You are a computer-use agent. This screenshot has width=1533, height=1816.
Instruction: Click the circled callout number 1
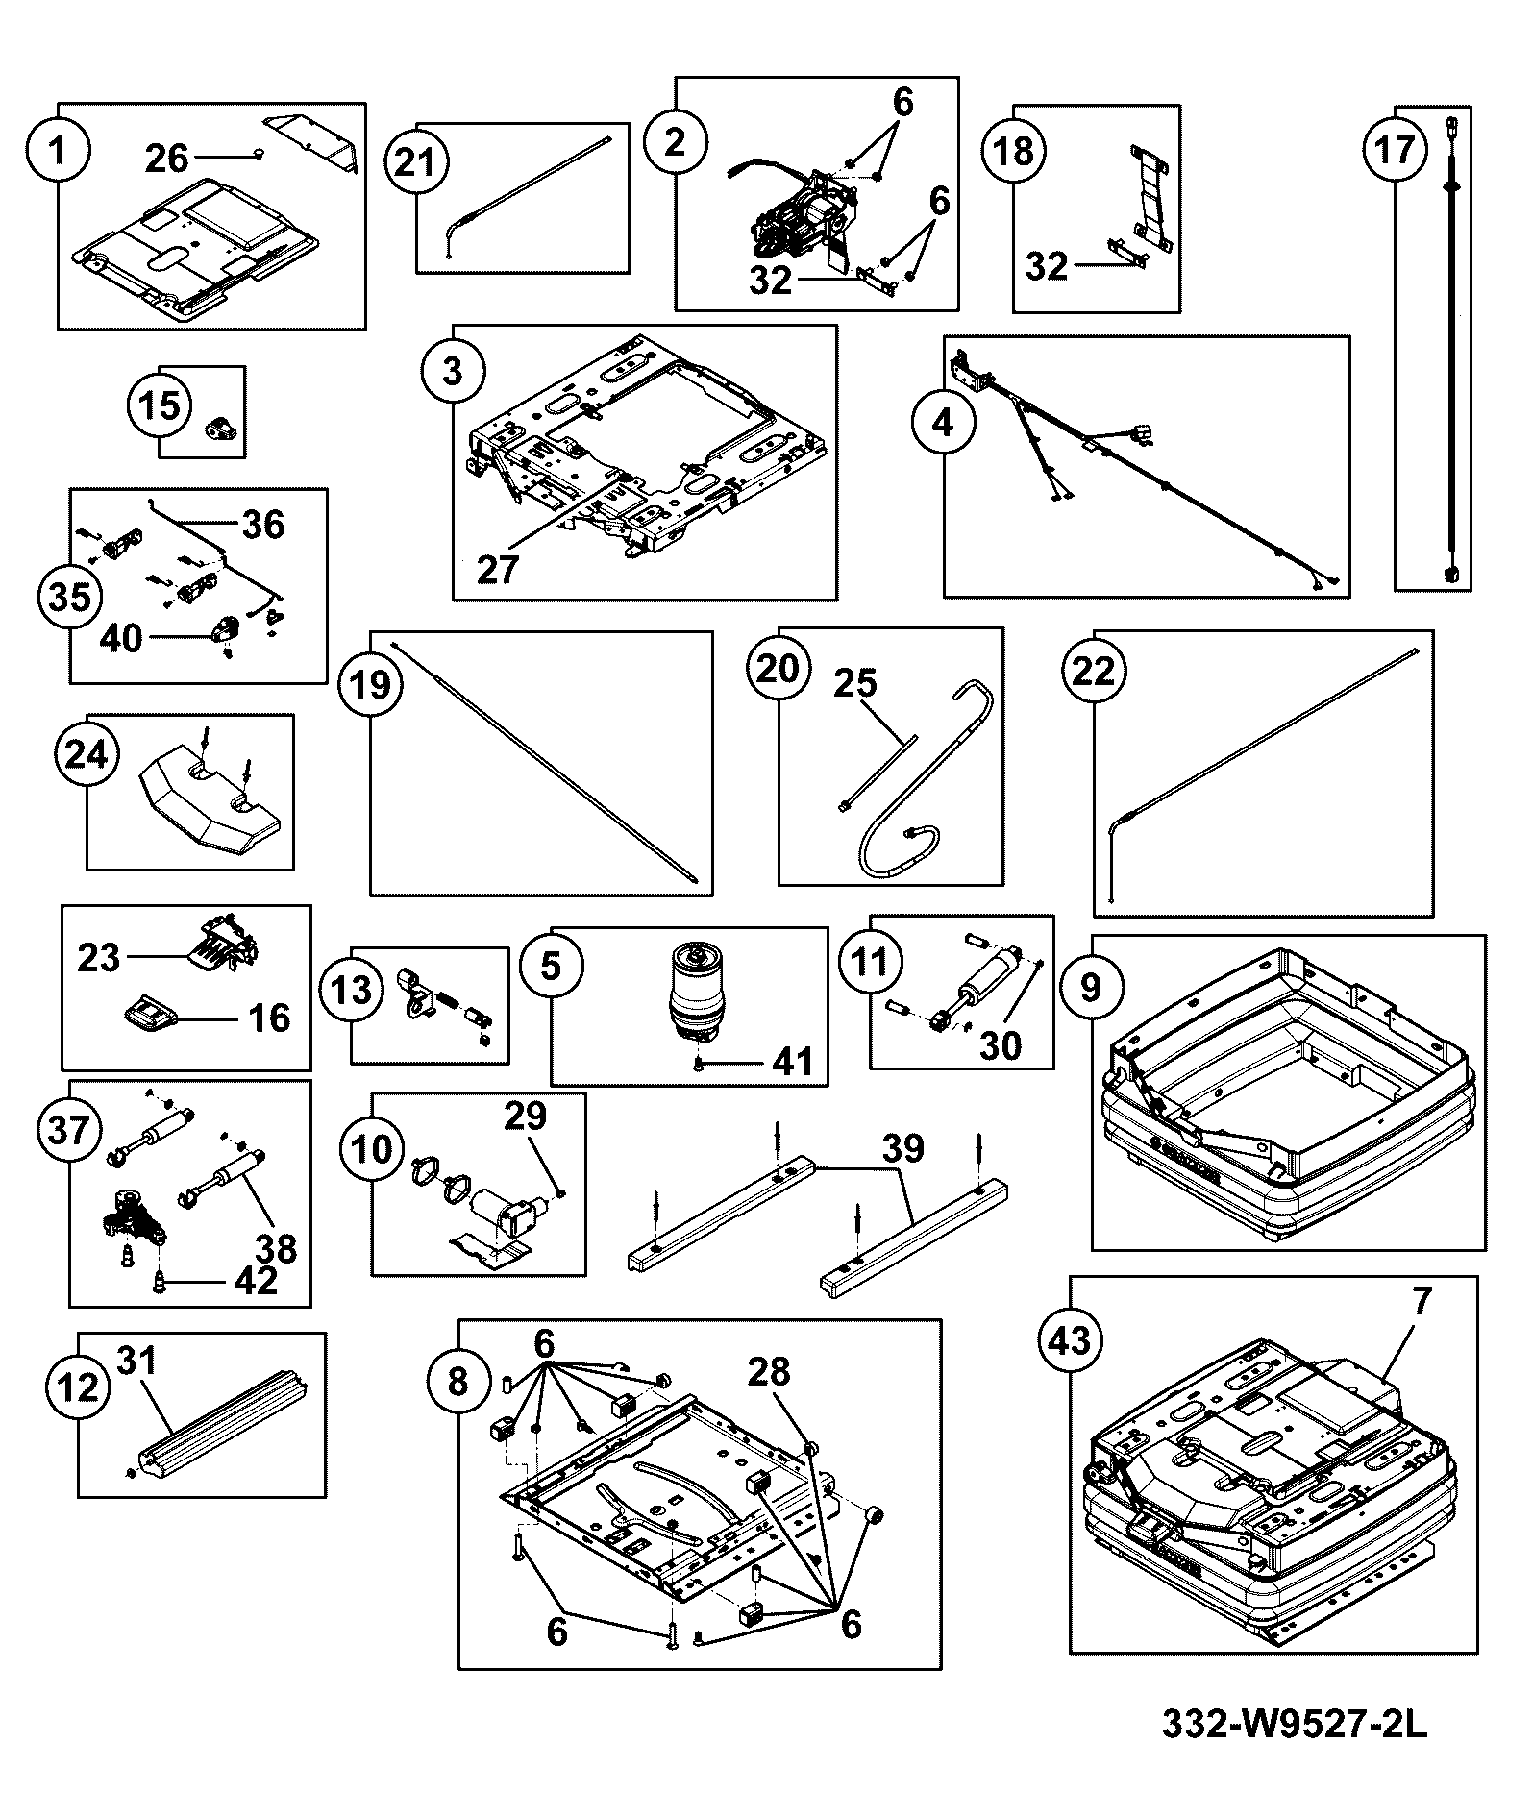coord(59,150)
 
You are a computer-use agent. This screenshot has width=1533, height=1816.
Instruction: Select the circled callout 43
coord(1071,1338)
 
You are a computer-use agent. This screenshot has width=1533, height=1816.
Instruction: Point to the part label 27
coord(498,569)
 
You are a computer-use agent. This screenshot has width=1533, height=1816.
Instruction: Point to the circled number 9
coord(1091,986)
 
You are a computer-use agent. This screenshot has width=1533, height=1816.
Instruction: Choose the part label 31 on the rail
coord(136,1360)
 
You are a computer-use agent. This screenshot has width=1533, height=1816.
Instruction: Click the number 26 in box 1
coord(166,159)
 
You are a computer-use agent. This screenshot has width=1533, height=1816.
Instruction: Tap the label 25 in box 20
coord(855,683)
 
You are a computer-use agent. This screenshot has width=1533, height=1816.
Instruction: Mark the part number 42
coord(256,1280)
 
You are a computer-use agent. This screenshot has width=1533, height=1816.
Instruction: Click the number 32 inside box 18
coord(1047,266)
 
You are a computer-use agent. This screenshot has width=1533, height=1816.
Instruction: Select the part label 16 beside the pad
coord(269,1018)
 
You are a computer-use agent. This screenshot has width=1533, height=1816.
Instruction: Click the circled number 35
coord(69,596)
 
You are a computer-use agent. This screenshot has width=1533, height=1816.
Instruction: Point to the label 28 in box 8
coord(769,1371)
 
